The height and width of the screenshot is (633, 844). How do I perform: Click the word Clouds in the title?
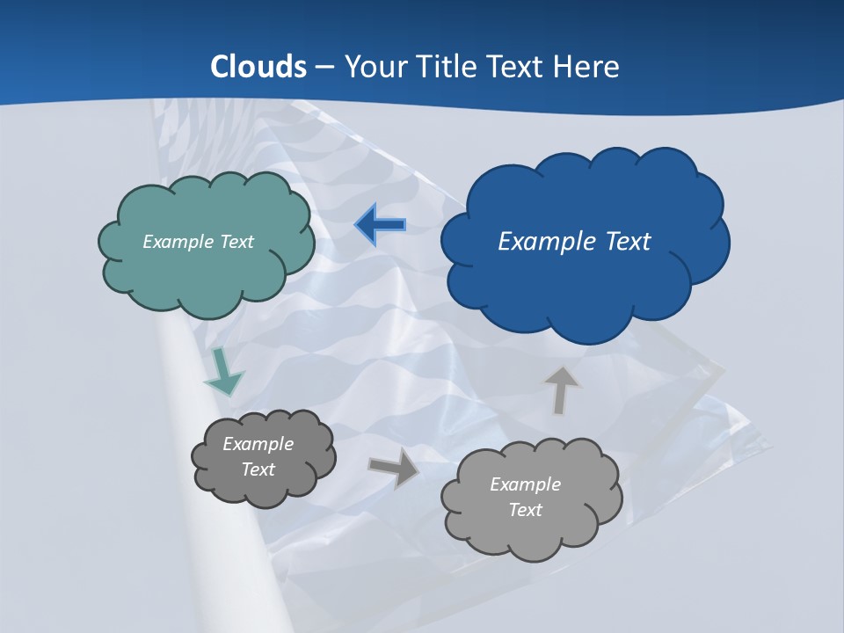tap(258, 67)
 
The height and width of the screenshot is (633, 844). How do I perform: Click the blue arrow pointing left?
tap(381, 225)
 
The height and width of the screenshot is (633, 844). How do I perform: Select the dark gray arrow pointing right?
tap(394, 467)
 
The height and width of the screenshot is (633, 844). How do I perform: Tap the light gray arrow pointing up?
tap(561, 389)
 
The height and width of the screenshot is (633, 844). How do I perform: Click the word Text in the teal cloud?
tap(236, 242)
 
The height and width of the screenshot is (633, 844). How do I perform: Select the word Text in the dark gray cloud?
tap(258, 469)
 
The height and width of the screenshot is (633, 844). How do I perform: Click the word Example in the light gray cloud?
tap(525, 484)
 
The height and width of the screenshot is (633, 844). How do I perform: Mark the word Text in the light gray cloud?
tap(525, 510)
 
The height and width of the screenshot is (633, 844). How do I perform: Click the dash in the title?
tap(325, 67)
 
